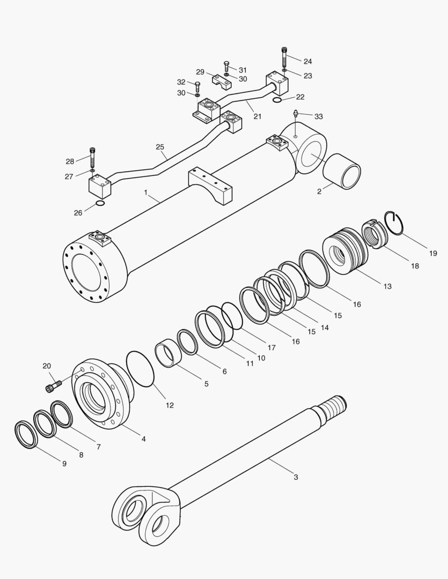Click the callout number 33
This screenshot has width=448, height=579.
pos(319,116)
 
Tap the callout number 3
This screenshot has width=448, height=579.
pos(295,477)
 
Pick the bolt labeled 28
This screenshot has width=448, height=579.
pos(93,157)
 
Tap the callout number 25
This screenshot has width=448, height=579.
pos(160,146)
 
